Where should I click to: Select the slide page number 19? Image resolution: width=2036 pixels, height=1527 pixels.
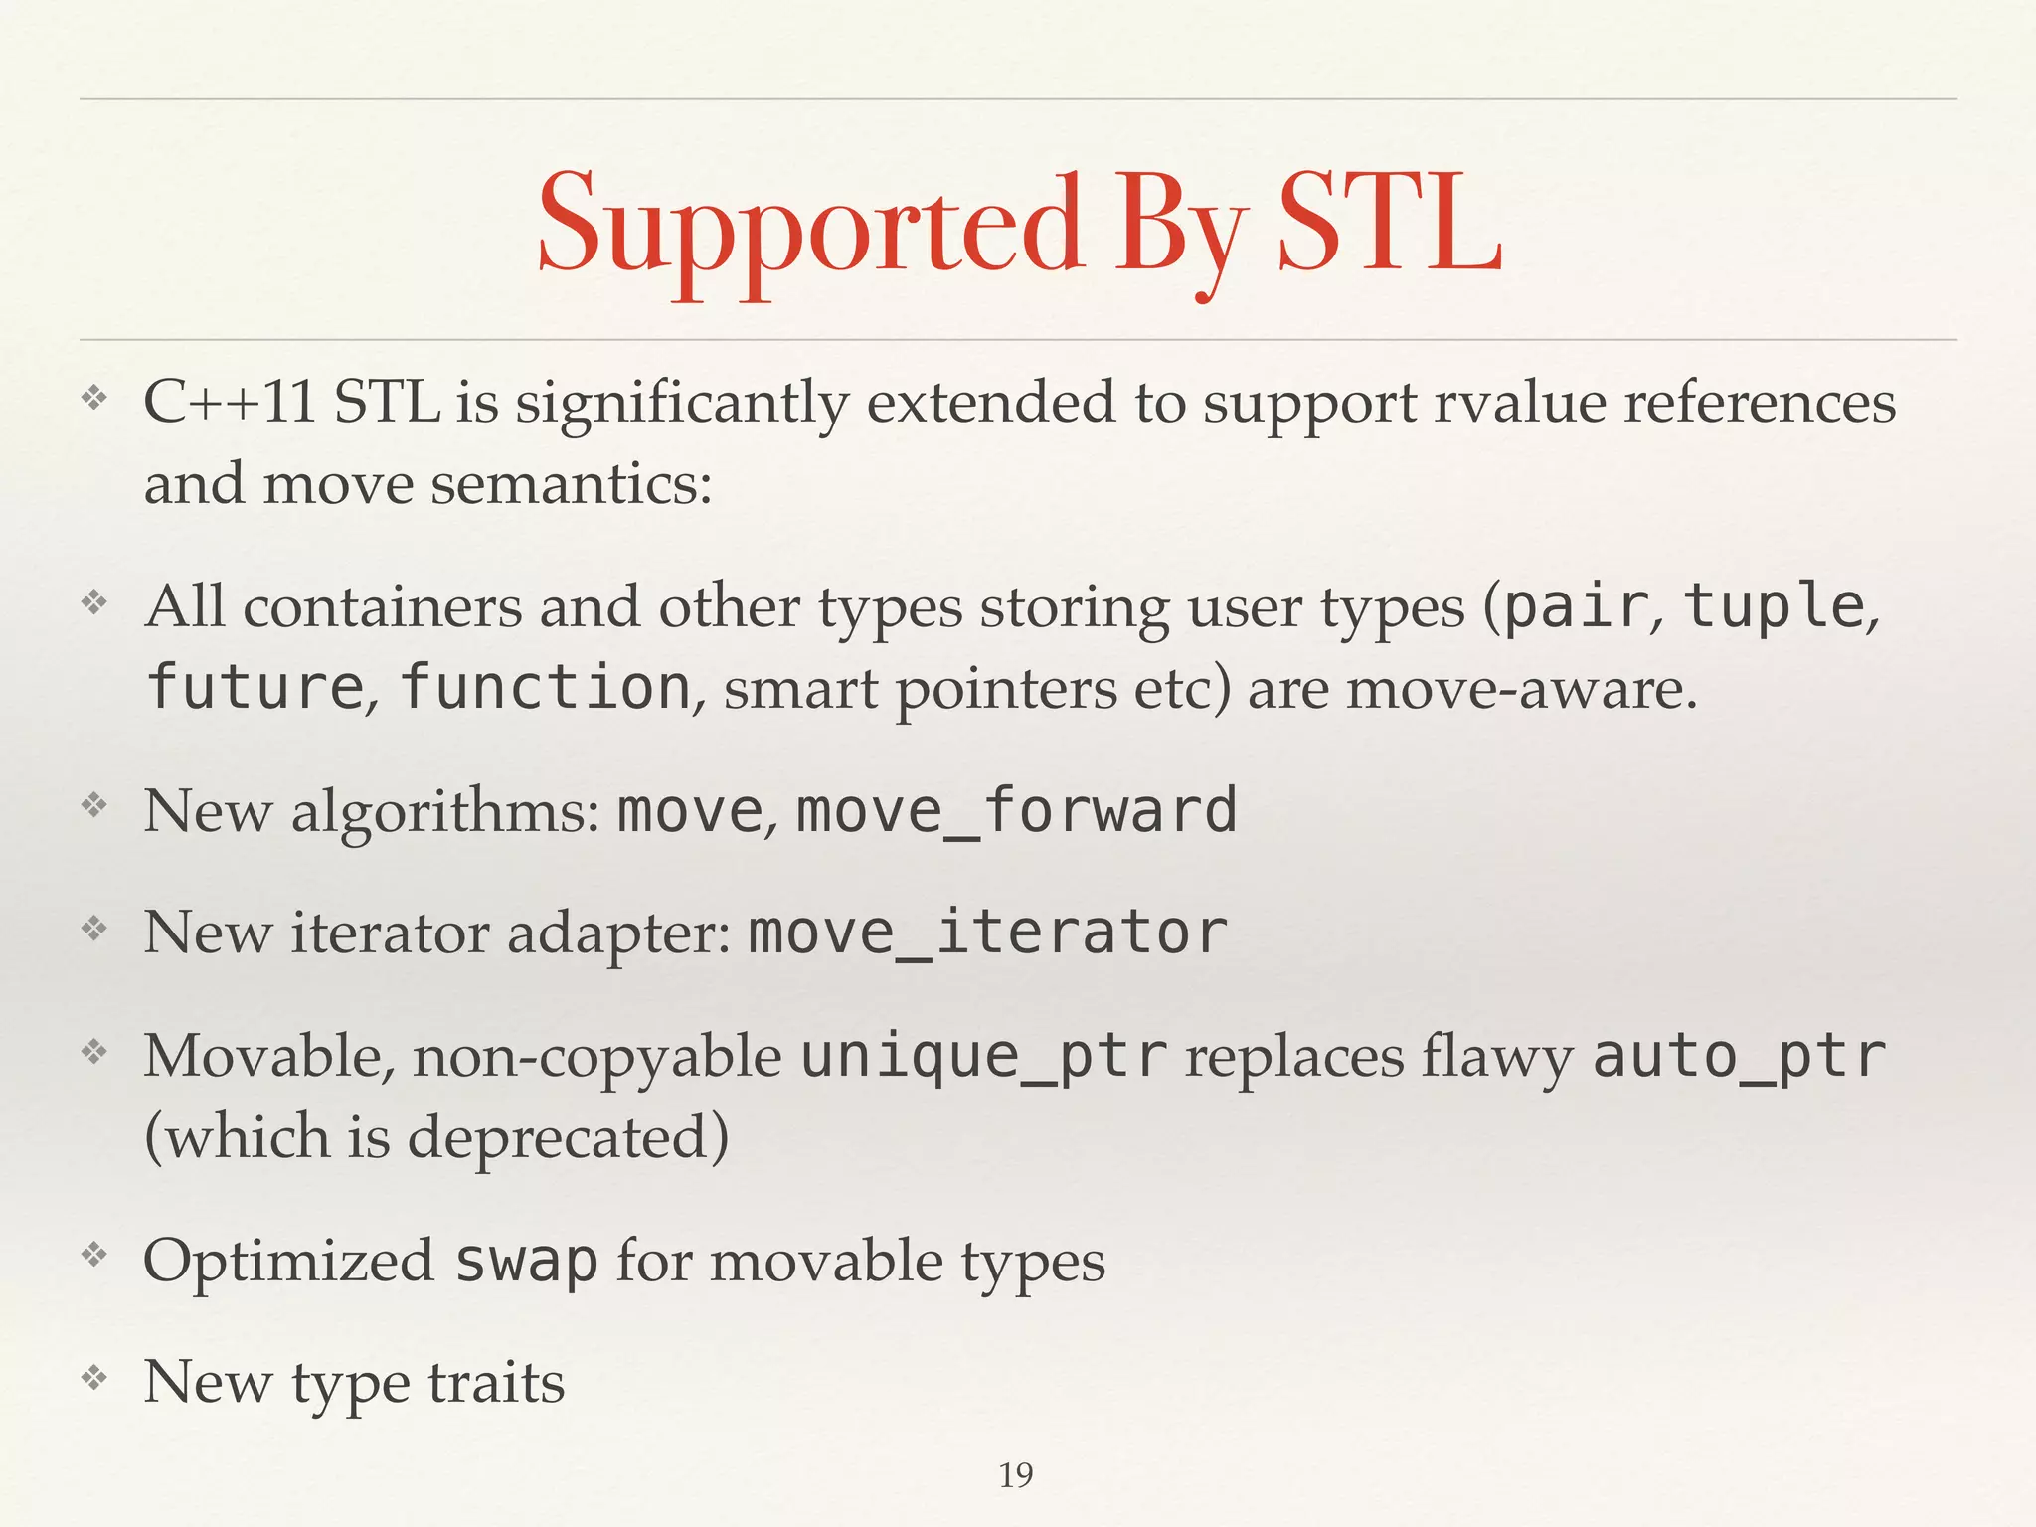tap(1016, 1475)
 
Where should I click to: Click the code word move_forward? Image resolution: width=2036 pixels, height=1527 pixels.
tap(1017, 810)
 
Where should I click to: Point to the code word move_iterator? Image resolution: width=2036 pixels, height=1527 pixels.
tap(987, 933)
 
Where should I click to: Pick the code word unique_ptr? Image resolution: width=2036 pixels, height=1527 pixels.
tap(984, 1056)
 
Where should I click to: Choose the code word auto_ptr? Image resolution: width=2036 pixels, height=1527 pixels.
tap(1739, 1056)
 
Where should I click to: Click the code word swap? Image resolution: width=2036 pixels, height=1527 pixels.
tap(526, 1261)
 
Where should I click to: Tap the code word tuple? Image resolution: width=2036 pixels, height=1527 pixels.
tap(1774, 605)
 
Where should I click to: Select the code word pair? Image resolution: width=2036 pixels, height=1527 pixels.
tap(1575, 605)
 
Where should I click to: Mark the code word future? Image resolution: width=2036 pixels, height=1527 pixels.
tap(254, 687)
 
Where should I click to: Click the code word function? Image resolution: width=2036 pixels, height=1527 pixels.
tap(545, 687)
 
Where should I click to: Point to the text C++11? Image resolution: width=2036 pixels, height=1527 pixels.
tap(230, 403)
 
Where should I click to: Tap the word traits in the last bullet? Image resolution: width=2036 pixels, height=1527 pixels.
tap(496, 1383)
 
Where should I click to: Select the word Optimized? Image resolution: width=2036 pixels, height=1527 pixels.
tap(288, 1261)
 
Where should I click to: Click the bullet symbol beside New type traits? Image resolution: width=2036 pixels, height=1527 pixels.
tap(93, 1378)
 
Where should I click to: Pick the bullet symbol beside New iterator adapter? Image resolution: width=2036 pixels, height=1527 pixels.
tap(93, 929)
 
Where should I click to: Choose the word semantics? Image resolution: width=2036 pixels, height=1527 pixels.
tap(572, 484)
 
